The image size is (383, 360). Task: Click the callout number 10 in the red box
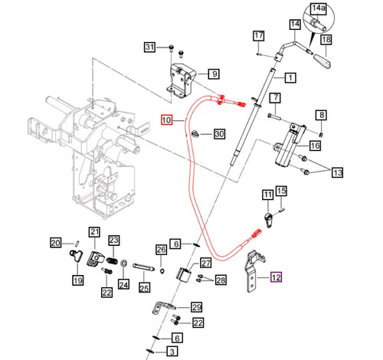tap(168, 120)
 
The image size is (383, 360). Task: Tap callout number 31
tap(152, 48)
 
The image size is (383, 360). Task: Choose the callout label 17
tap(259, 36)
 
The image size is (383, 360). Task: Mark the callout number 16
tap(313, 146)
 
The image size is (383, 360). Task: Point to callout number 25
tap(144, 288)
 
